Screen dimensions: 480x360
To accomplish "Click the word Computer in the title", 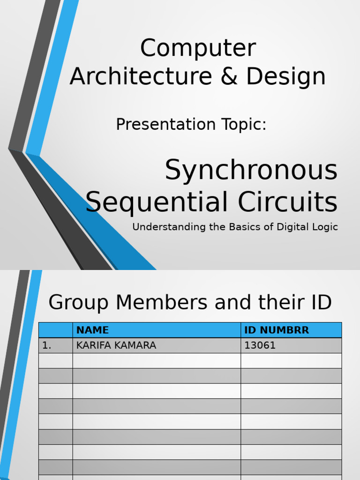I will point(198,48).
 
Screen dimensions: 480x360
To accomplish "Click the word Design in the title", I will point(286,76).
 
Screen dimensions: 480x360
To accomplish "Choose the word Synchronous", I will point(251,170).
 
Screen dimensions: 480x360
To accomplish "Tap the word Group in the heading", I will point(78,302).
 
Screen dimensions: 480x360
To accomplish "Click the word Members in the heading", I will point(162,302).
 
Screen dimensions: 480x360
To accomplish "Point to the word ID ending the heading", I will point(319,302).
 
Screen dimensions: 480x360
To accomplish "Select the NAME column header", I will point(92,330).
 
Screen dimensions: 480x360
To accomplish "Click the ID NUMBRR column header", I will point(277,330).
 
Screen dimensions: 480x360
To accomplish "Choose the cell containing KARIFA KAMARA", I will point(116,345).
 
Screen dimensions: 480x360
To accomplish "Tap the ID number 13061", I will point(260,345).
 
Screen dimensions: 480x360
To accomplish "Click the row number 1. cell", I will point(47,345).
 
